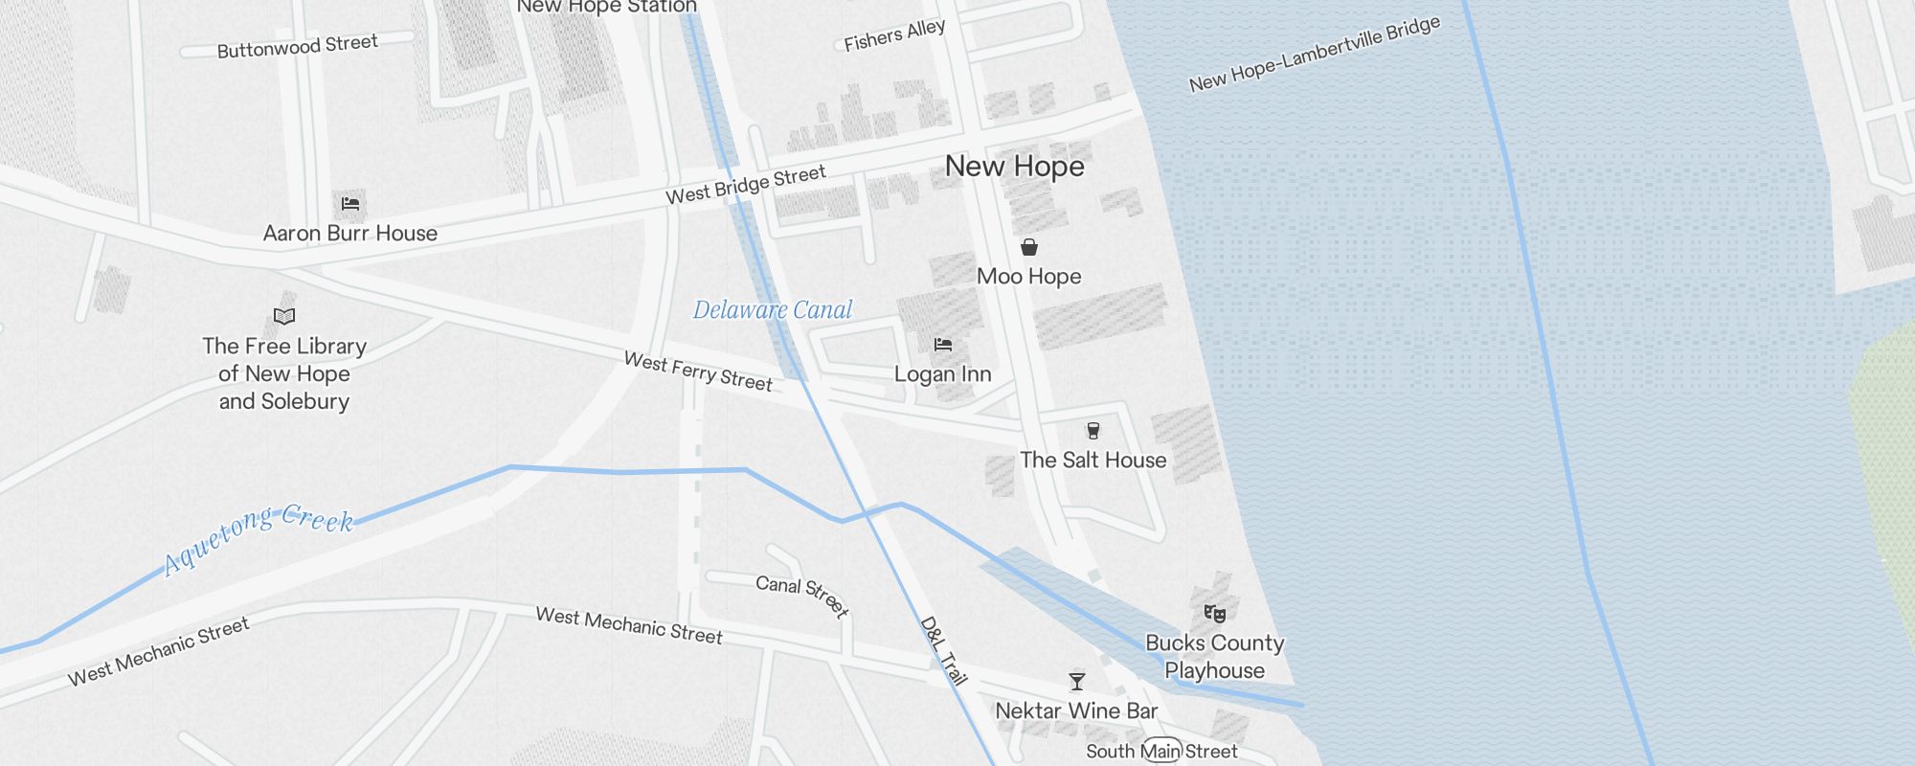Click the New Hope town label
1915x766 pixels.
click(x=1014, y=167)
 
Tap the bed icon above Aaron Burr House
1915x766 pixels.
click(x=350, y=203)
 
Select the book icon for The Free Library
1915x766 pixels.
click(x=284, y=316)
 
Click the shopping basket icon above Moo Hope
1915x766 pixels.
click(x=1029, y=247)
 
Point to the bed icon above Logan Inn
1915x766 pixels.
click(x=943, y=345)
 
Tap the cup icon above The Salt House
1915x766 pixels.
click(x=1093, y=431)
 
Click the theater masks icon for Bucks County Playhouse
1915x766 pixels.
click(x=1215, y=613)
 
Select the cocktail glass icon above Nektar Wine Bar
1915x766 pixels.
click(x=1077, y=682)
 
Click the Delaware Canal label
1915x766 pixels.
click(x=773, y=310)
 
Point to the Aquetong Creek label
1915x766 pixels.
click(x=259, y=538)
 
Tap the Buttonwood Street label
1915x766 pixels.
click(x=297, y=46)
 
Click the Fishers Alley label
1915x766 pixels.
click(x=894, y=35)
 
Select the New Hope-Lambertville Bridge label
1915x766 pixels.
click(x=1315, y=55)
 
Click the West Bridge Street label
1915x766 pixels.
click(x=745, y=185)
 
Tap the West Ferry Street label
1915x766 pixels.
click(x=698, y=372)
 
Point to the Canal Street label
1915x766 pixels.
click(x=802, y=596)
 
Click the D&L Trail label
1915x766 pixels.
click(x=944, y=651)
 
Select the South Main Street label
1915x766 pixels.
click(x=1161, y=752)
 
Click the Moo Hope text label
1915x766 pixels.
click(x=1029, y=277)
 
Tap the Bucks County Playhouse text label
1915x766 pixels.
click(x=1215, y=657)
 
